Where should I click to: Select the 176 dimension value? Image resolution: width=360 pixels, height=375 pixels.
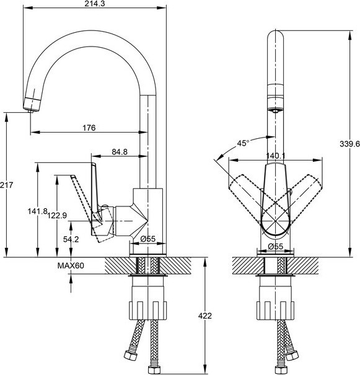coord(89,128)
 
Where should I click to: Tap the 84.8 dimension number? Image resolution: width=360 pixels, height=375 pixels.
coord(120,152)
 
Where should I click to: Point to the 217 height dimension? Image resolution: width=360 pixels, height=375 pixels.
coord(6,185)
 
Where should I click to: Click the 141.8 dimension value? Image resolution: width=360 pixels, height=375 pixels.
coord(37,211)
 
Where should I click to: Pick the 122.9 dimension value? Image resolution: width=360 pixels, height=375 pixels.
coord(57,216)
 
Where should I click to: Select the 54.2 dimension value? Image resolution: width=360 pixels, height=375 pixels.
coord(71,239)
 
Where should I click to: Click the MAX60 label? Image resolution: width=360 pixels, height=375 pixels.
coord(71,265)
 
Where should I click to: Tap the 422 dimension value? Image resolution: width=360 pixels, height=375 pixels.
coord(205,315)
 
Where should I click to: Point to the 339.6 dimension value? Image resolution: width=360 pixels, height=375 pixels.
coord(349,144)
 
